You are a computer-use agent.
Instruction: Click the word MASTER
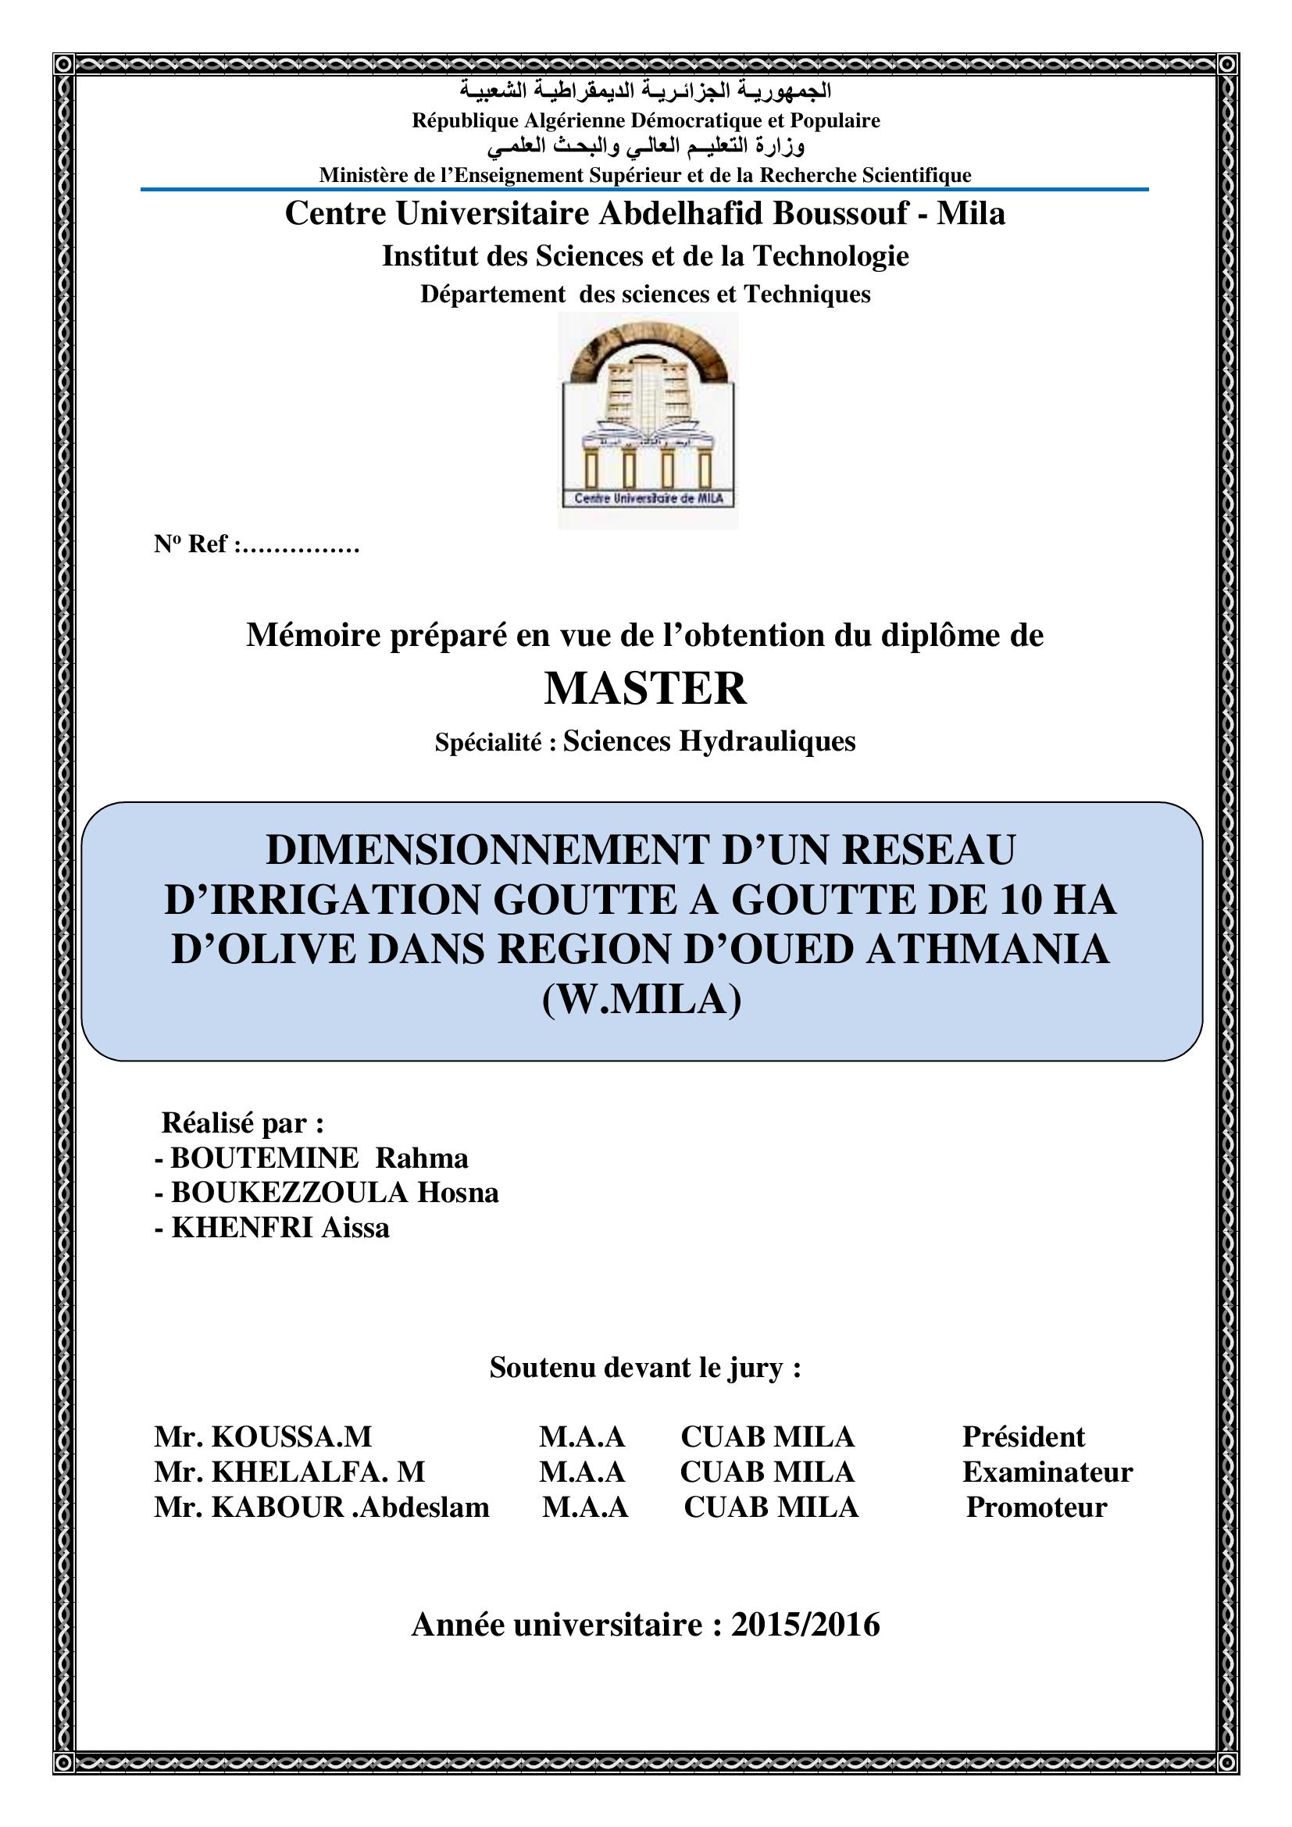(x=645, y=689)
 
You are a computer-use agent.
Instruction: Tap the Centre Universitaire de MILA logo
(x=648, y=420)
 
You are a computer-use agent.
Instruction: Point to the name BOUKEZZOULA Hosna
(x=334, y=1192)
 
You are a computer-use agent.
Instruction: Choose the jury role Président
(x=1023, y=1436)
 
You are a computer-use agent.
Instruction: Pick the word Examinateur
(x=1047, y=1472)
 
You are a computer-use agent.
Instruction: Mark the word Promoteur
(x=1036, y=1507)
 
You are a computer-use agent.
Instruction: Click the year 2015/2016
(x=805, y=1624)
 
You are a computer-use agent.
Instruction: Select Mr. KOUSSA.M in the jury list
(x=263, y=1436)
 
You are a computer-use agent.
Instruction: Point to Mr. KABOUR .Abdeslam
(x=321, y=1507)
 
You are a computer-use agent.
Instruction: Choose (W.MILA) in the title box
(x=641, y=1000)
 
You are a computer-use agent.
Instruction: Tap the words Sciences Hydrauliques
(x=708, y=741)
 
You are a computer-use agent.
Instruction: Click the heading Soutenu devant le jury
(x=645, y=1367)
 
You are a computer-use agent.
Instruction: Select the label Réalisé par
(x=243, y=1122)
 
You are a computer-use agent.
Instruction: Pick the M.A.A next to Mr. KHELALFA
(x=583, y=1472)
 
